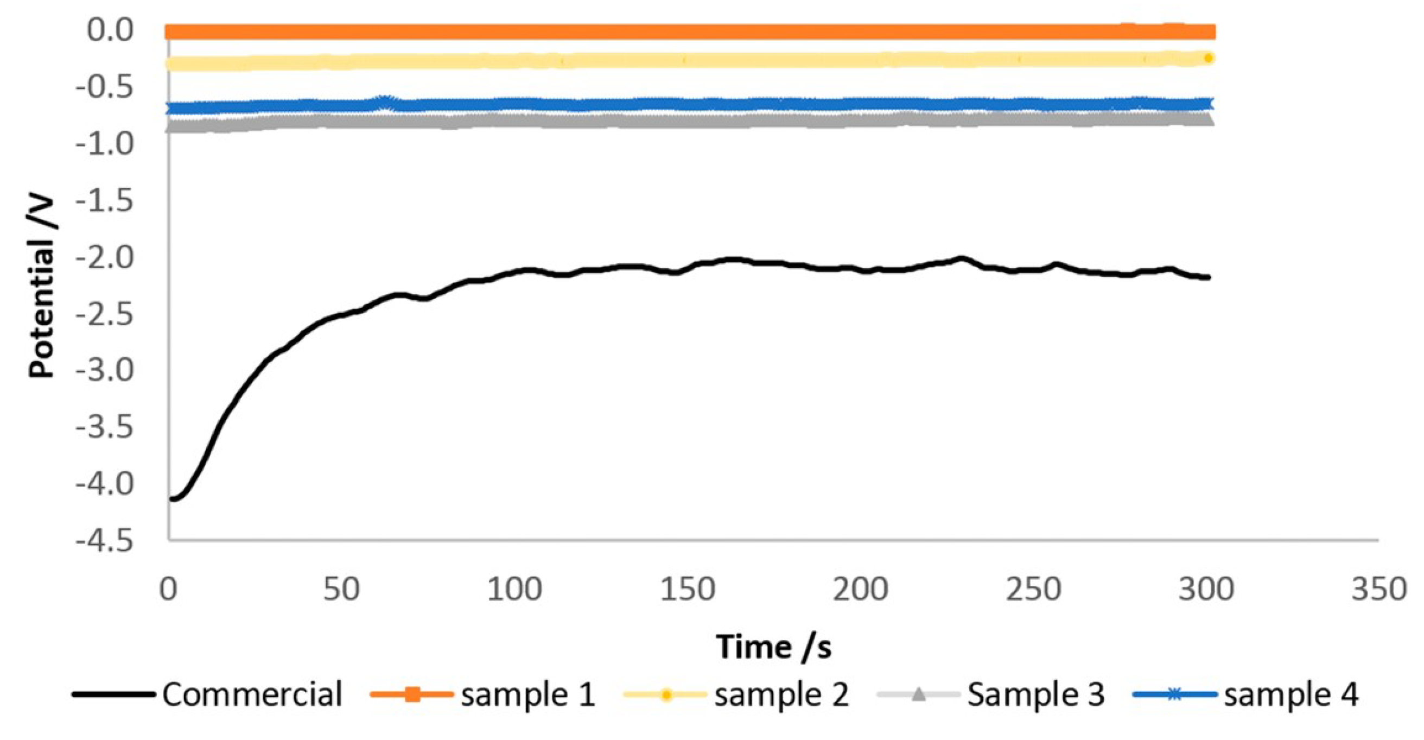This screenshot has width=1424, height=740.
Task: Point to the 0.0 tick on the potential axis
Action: pyautogui.click(x=110, y=30)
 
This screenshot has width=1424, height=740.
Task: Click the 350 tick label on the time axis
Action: pyautogui.click(x=1378, y=590)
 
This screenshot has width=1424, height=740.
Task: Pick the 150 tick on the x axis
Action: pyautogui.click(x=688, y=590)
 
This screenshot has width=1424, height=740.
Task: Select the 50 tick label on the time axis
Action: pyautogui.click(x=342, y=590)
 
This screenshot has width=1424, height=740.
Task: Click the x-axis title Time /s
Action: pyautogui.click(x=773, y=647)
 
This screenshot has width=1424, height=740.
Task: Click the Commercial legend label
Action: pyautogui.click(x=252, y=694)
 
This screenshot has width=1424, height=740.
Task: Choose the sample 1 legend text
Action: pyautogui.click(x=528, y=694)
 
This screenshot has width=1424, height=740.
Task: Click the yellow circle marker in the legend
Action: pyautogui.click(x=666, y=694)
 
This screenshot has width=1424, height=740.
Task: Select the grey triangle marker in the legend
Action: pyautogui.click(x=918, y=693)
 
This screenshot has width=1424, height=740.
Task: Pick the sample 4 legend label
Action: pyautogui.click(x=1291, y=694)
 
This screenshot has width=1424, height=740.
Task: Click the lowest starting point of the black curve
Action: pyautogui.click(x=174, y=498)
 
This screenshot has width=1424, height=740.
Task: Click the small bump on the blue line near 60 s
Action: pyautogui.click(x=386, y=100)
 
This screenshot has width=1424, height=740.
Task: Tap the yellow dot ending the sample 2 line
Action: pyautogui.click(x=1208, y=58)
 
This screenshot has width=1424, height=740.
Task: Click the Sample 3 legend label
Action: pyautogui.click(x=1035, y=694)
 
